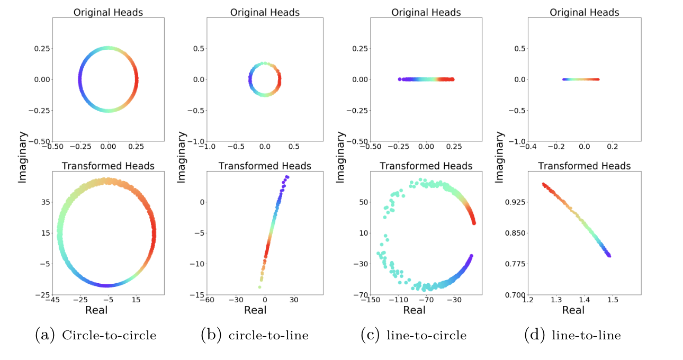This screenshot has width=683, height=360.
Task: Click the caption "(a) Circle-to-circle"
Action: tap(95, 335)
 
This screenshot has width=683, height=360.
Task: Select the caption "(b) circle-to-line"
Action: tap(254, 335)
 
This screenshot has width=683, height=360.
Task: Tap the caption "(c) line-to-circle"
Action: tap(413, 335)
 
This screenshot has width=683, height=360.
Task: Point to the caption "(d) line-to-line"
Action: tap(572, 335)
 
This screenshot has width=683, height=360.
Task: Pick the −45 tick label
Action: tap(51, 300)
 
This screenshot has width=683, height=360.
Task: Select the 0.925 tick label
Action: tap(511, 202)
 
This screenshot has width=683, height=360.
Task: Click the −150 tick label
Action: tap(370, 300)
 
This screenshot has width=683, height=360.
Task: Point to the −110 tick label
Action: tap(399, 300)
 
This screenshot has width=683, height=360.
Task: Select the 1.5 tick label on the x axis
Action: tap(613, 300)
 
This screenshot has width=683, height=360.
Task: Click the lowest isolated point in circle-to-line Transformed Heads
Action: tap(259, 287)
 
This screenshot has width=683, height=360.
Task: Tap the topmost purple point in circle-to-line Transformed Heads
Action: tap(287, 177)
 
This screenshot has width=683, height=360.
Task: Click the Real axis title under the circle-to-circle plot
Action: tap(96, 310)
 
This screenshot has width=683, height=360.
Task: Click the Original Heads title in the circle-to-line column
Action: tap(265, 12)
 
